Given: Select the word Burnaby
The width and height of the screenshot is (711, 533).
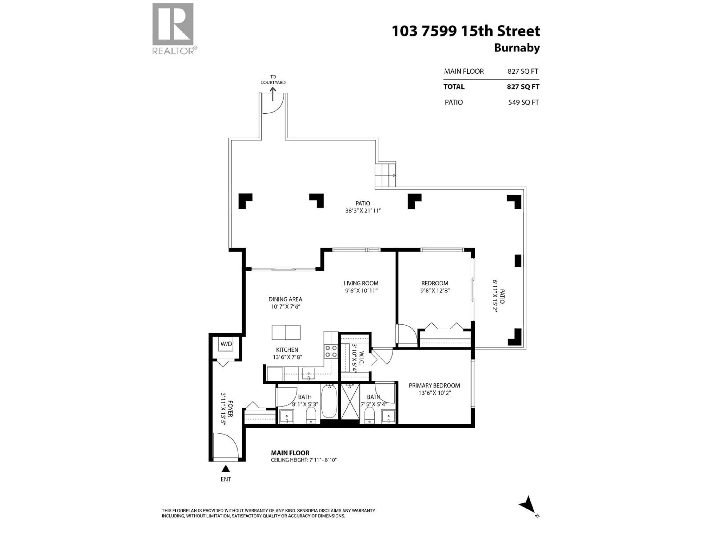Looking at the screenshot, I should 517,48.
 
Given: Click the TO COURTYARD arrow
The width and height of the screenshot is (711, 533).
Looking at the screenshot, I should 273,94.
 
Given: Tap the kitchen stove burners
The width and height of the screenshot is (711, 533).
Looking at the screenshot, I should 331,351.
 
